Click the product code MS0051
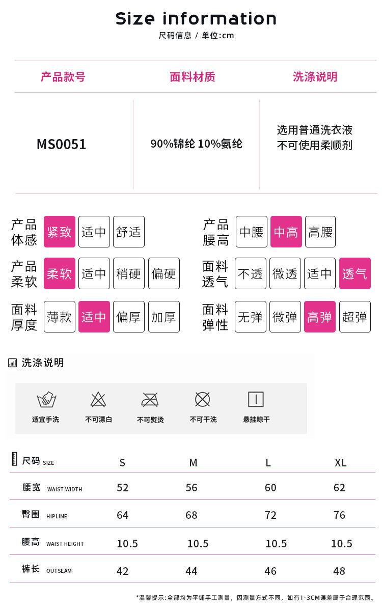[x=61, y=144]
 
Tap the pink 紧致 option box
[x=59, y=232]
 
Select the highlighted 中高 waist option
[x=286, y=232]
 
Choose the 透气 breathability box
[x=354, y=273]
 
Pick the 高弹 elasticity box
[x=320, y=317]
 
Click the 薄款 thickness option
[x=59, y=317]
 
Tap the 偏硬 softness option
[x=164, y=273]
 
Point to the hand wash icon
[x=46, y=400]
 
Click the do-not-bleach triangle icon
[x=98, y=400]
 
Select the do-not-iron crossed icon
[x=150, y=400]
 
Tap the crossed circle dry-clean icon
[x=203, y=400]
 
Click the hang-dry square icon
[x=256, y=400]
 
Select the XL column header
[x=340, y=463]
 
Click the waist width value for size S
[x=122, y=488]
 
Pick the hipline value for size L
[x=270, y=515]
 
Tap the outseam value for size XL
[x=339, y=571]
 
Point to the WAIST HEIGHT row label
[x=65, y=544]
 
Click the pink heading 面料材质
[x=193, y=77]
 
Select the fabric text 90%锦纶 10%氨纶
[x=196, y=144]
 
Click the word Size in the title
[x=135, y=18]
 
